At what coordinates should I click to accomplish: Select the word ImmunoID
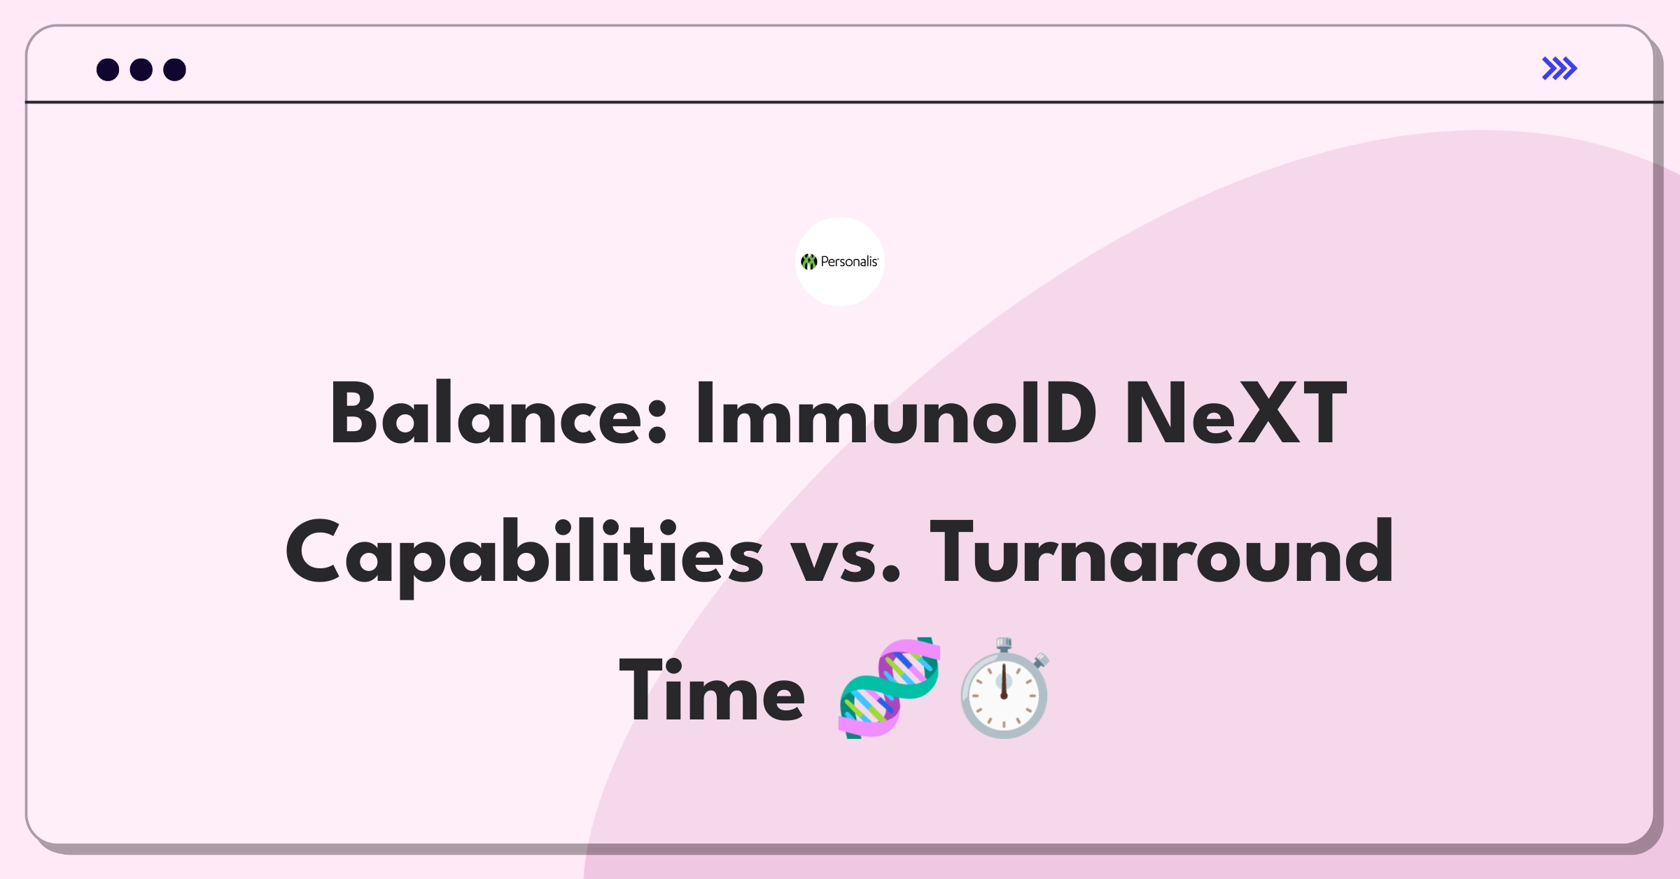895,414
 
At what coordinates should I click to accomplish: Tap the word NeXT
1235,414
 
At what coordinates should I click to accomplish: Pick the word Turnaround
1161,552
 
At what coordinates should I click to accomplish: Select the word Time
712,691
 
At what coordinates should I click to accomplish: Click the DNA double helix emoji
890,688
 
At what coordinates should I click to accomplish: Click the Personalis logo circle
840,262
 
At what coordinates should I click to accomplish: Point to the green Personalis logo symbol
809,262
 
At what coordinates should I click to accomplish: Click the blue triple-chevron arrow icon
1560,69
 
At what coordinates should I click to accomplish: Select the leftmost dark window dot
108,70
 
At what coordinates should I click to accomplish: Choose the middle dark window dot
141,70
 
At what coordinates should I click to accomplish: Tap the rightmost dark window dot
175,70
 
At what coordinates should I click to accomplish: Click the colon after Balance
657,423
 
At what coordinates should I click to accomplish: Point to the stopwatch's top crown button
1004,645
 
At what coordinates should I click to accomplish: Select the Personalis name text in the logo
849,262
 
